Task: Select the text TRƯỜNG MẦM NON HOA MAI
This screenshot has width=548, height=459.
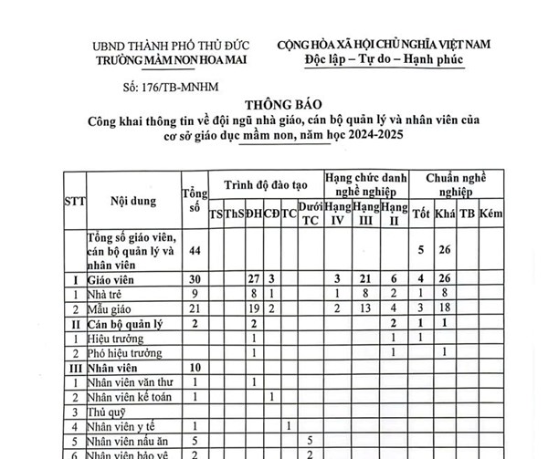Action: point(175,60)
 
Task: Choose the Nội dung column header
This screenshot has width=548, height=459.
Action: point(132,198)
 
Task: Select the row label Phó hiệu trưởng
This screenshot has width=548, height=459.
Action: point(126,352)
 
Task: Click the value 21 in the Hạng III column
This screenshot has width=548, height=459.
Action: point(365,278)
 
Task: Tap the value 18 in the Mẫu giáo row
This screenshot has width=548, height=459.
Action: point(445,308)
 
